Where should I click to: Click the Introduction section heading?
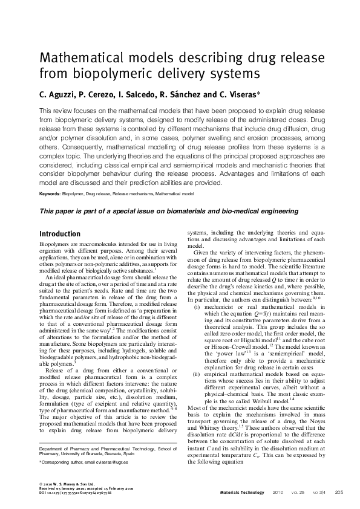[x=59, y=234]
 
